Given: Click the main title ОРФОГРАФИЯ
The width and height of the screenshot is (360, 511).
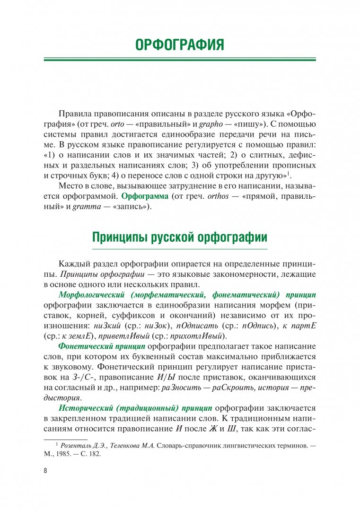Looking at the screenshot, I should click(x=180, y=45).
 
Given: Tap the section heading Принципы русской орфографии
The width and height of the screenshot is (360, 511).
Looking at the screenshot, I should click(x=180, y=237).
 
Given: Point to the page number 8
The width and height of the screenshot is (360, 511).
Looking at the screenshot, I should click(x=45, y=471).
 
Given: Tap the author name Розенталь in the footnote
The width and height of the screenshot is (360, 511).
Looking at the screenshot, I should click(x=77, y=445).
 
